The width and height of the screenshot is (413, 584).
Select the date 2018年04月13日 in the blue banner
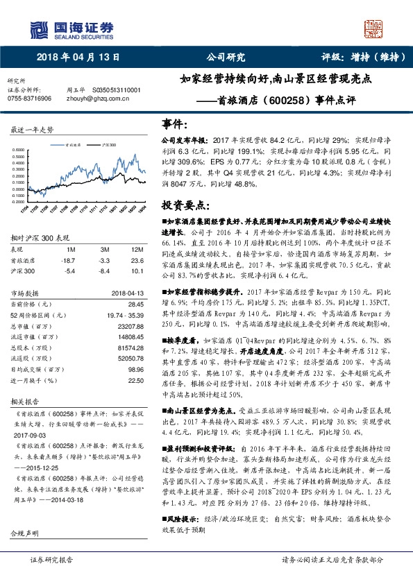74,58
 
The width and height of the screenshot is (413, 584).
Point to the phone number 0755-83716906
29,98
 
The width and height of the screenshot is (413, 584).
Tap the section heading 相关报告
26,401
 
